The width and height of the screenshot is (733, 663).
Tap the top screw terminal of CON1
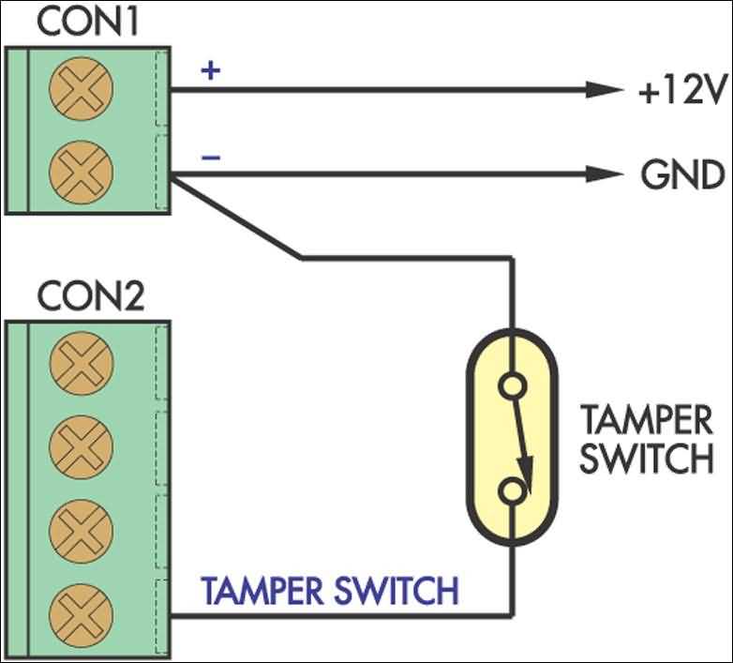pos(80,89)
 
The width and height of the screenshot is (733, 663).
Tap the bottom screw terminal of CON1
pos(80,171)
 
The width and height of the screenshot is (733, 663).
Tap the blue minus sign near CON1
pos(211,157)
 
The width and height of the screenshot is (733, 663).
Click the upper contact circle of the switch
pos(512,385)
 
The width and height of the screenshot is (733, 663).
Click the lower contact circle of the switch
pos(512,490)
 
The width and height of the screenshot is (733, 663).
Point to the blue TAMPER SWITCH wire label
pos(330,592)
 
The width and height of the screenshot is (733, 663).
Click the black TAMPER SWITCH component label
pos(645,440)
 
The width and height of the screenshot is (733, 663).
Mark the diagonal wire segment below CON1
pos(236,219)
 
